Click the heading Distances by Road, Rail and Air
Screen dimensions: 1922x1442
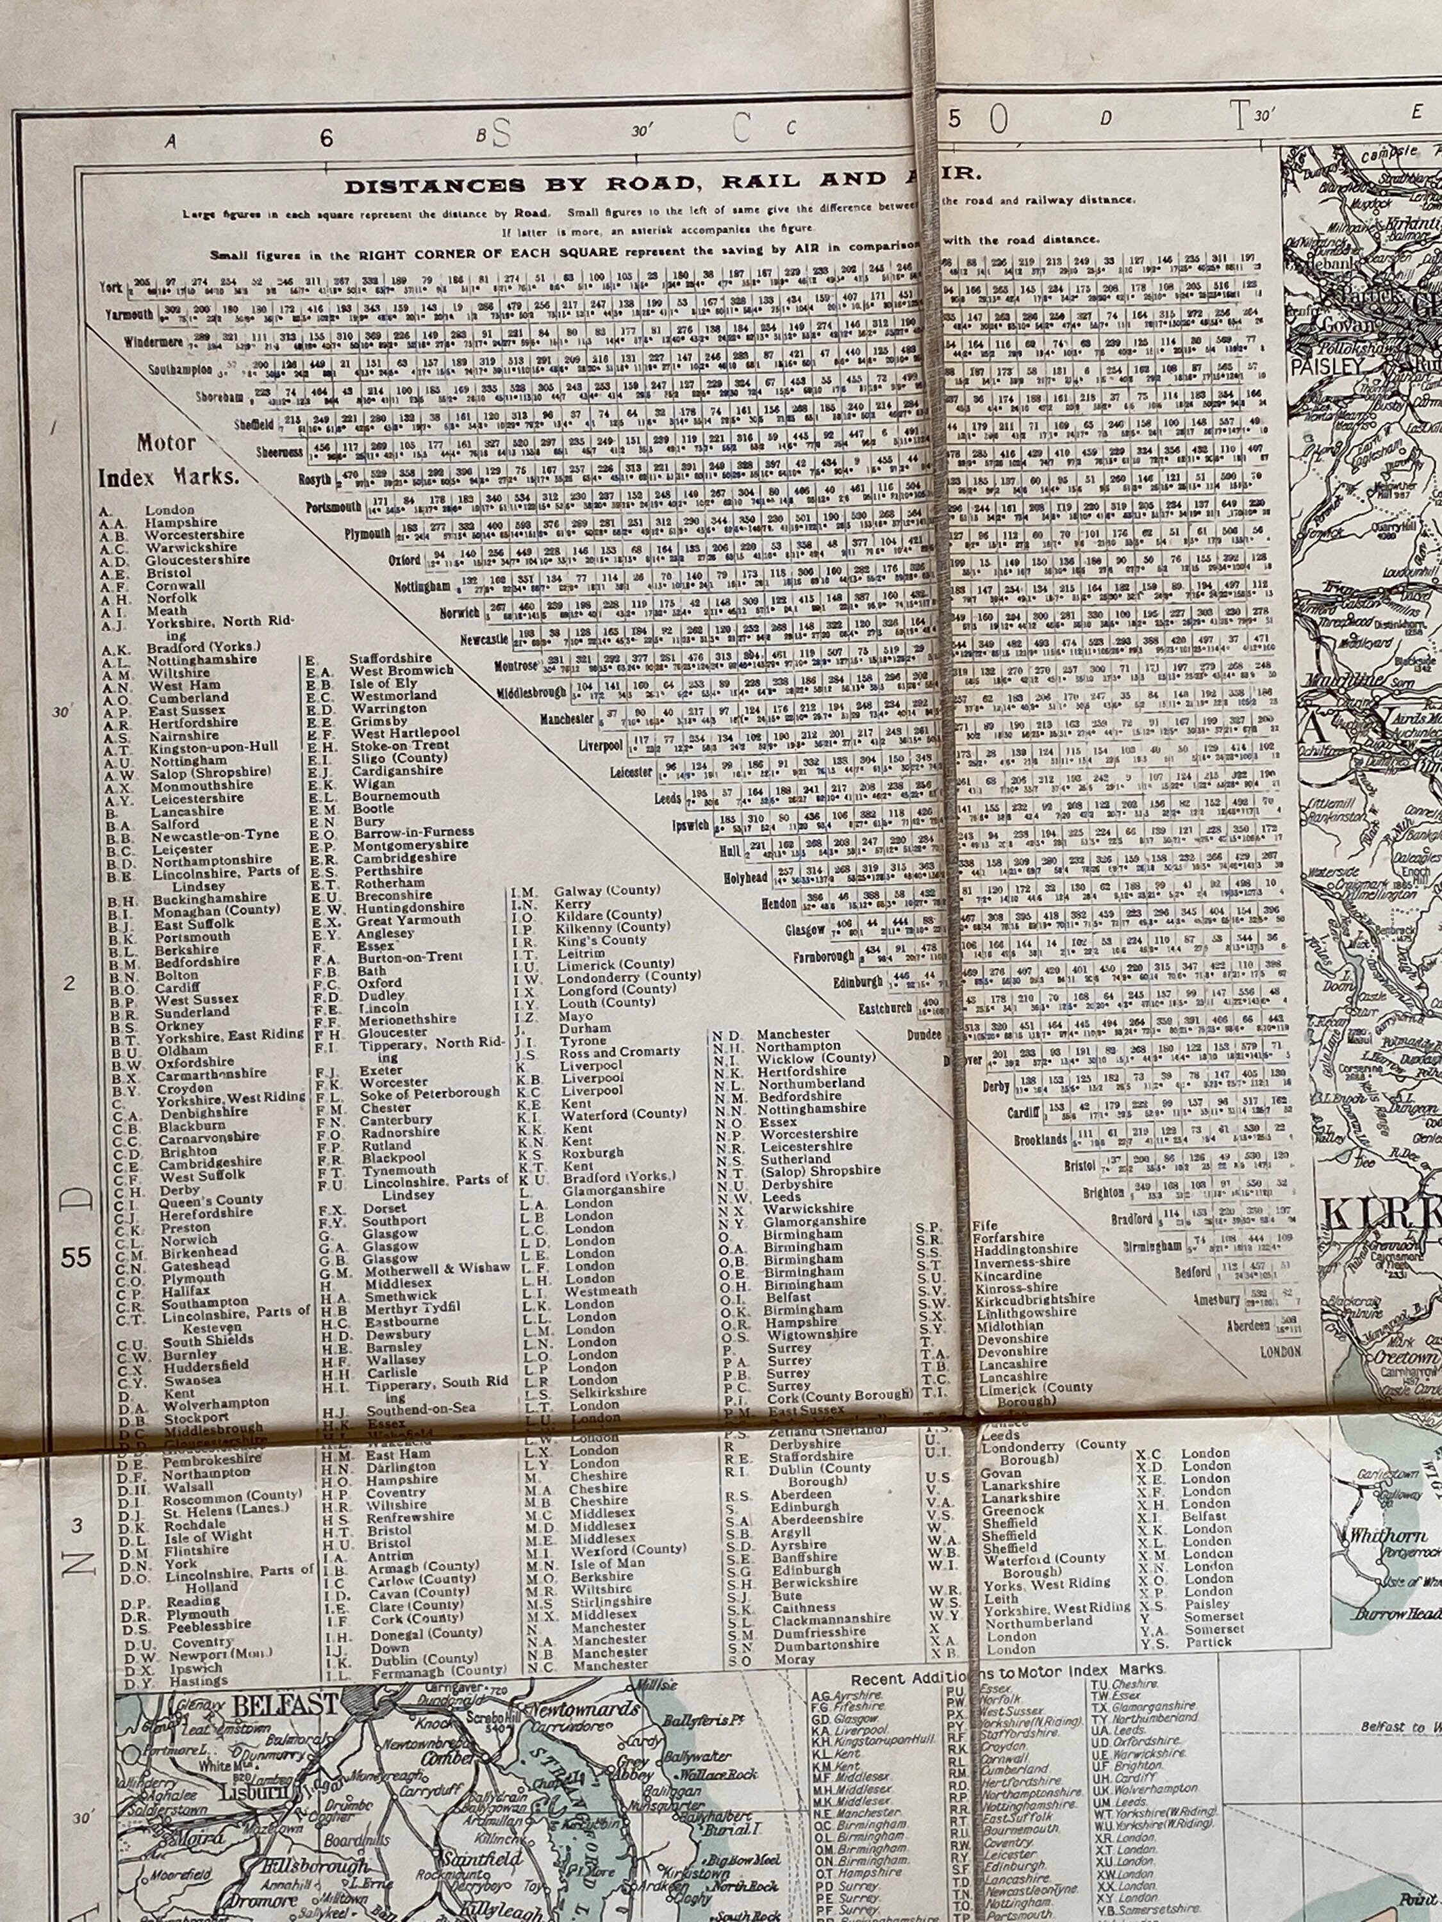point(661,185)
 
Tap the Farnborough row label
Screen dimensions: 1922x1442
point(822,957)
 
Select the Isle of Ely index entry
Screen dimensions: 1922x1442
point(377,683)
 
